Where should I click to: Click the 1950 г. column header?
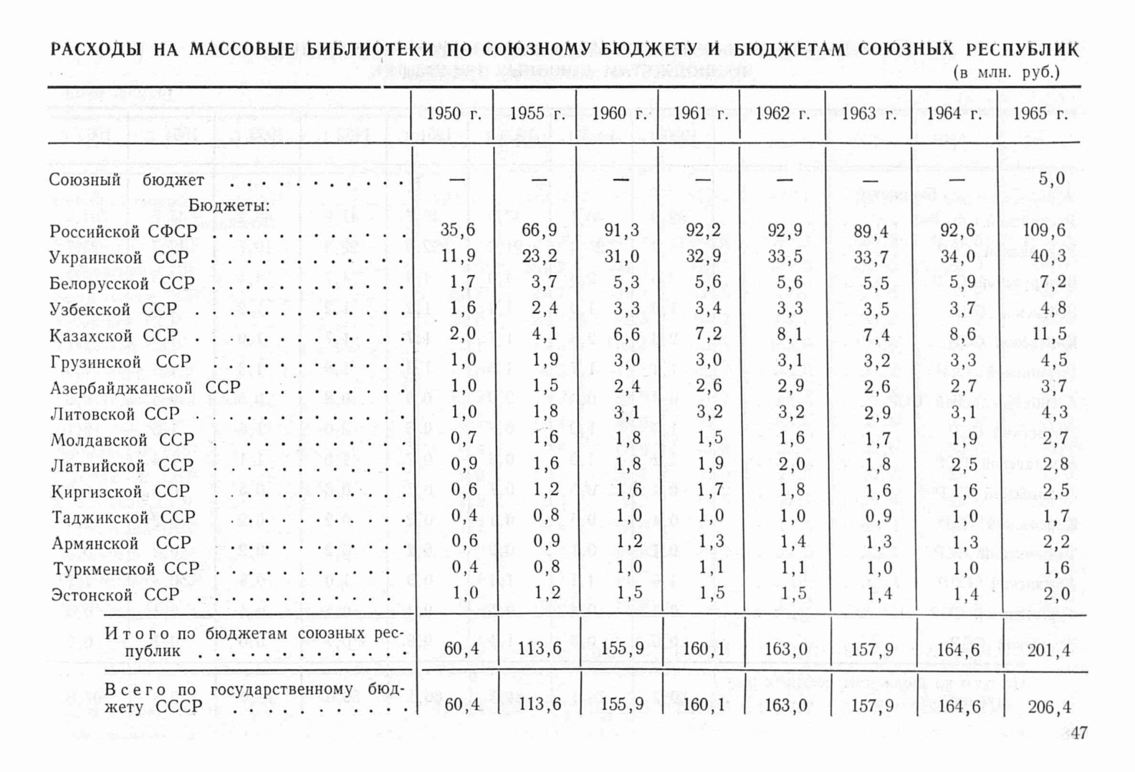[x=453, y=114]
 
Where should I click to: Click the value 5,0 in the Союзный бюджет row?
[x=1052, y=178]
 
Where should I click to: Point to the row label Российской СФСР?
[x=123, y=231]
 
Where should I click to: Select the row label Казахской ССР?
[x=114, y=335]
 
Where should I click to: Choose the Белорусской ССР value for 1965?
[x=1052, y=282]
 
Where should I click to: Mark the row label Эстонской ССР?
[x=115, y=595]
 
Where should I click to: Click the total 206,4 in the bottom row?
[x=1049, y=708]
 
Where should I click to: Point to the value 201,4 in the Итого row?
[x=1049, y=650]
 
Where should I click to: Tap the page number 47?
[x=1078, y=733]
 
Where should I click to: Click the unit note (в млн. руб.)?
[x=1006, y=72]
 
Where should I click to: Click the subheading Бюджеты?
[x=229, y=206]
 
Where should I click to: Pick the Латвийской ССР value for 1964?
[x=963, y=465]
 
